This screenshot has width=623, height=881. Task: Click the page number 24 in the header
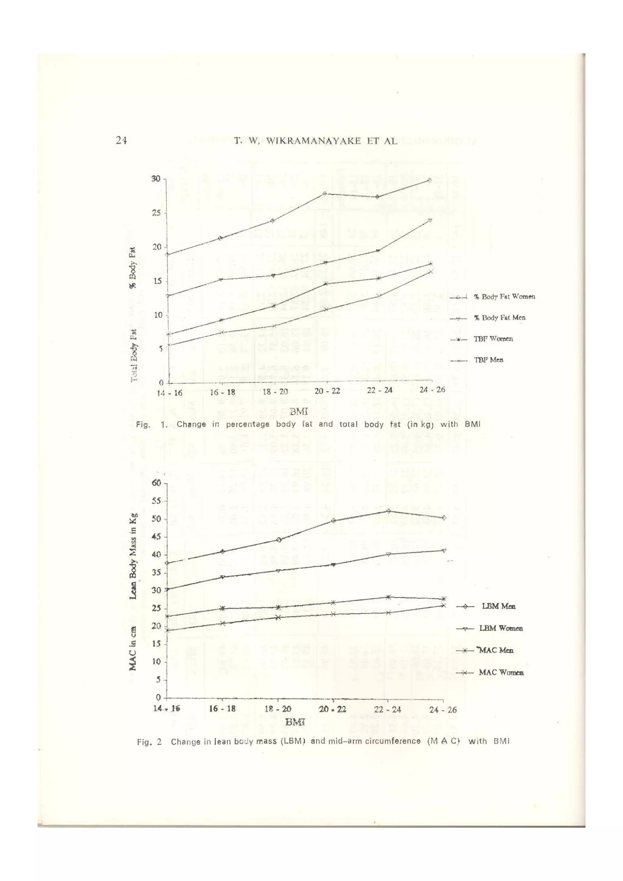tap(121, 141)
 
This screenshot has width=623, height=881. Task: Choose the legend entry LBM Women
tap(501, 628)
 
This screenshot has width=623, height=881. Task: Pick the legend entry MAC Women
tap(501, 672)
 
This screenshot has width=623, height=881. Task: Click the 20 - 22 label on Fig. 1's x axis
tap(327, 392)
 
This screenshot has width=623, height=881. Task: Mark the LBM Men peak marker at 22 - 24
tap(388, 511)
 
